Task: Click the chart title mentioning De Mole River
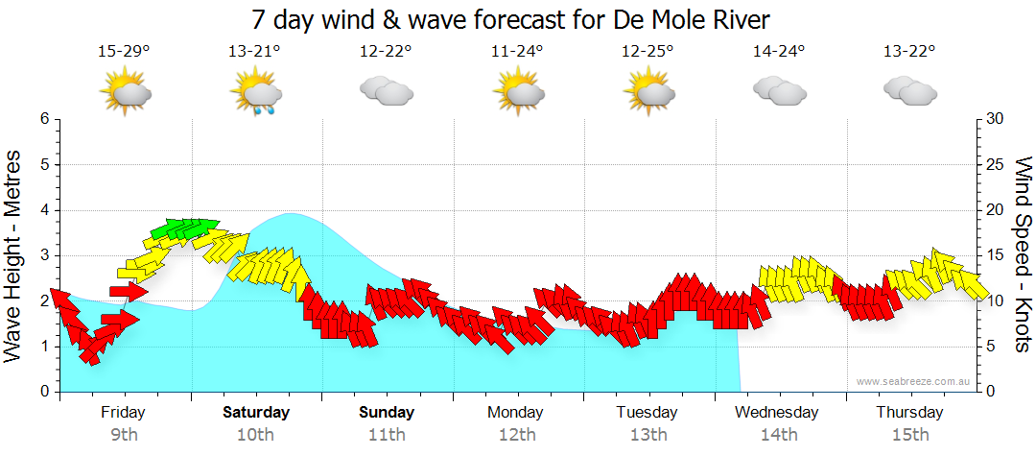click(510, 19)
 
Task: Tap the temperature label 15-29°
click(124, 52)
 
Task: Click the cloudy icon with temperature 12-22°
click(386, 91)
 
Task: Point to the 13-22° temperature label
click(909, 52)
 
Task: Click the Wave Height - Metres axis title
click(14, 255)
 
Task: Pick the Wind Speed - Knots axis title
click(1022, 255)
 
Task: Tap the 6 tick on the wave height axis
click(43, 119)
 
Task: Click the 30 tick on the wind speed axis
click(996, 119)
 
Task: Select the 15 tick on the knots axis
click(996, 255)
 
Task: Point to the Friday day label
click(124, 413)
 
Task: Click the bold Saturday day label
click(256, 413)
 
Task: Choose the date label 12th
click(517, 435)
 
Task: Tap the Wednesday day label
click(777, 413)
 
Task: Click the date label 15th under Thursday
click(909, 435)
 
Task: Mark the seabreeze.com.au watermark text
click(913, 382)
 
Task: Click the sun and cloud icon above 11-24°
click(517, 92)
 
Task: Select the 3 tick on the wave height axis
click(43, 255)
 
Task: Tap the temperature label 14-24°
click(778, 52)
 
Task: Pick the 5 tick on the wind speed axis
click(992, 347)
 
